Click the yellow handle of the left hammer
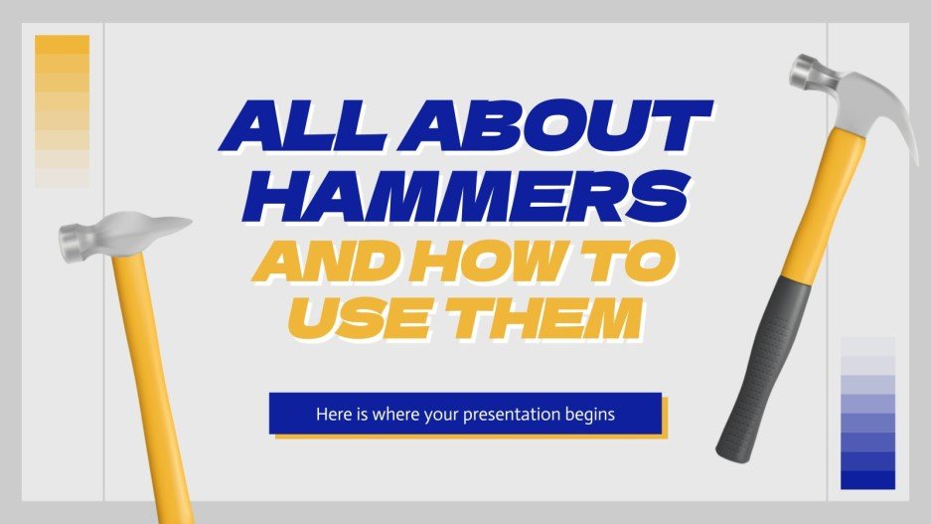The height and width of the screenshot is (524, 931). [150, 378]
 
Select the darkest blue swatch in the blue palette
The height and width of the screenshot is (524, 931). [867, 480]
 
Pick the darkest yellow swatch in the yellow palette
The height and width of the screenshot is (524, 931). [62, 45]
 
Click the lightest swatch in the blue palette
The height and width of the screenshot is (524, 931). [867, 346]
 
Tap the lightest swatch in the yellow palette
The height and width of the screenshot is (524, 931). [62, 179]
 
